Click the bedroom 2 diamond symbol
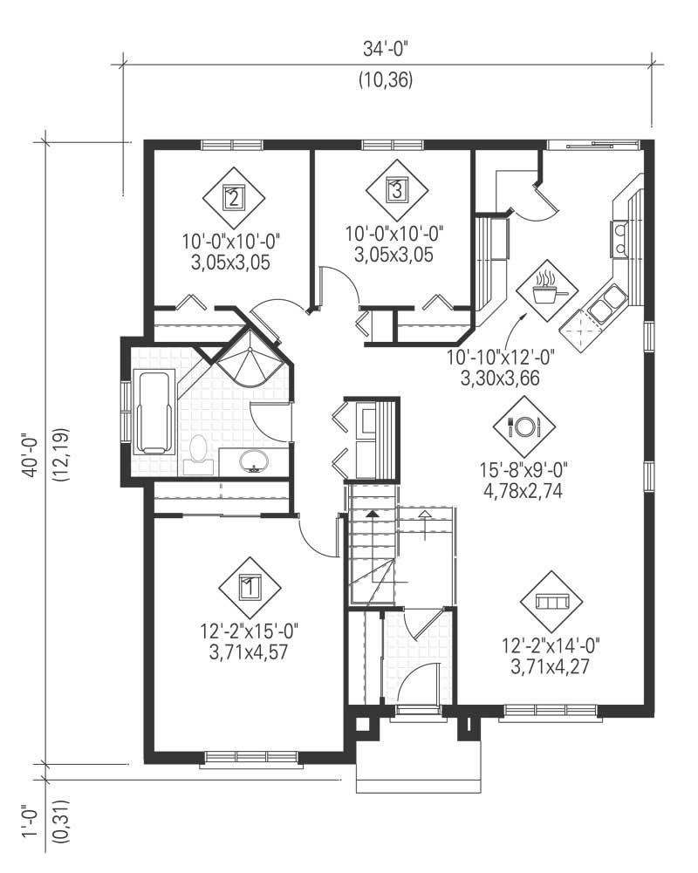[x=233, y=197]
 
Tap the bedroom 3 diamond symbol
[x=396, y=189]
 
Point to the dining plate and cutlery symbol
[x=524, y=426]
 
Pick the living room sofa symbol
[x=551, y=603]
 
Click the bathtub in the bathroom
[x=154, y=412]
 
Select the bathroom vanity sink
[x=254, y=460]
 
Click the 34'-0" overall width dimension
[x=385, y=50]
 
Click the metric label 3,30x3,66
[x=499, y=376]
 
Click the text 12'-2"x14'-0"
[x=551, y=646]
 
